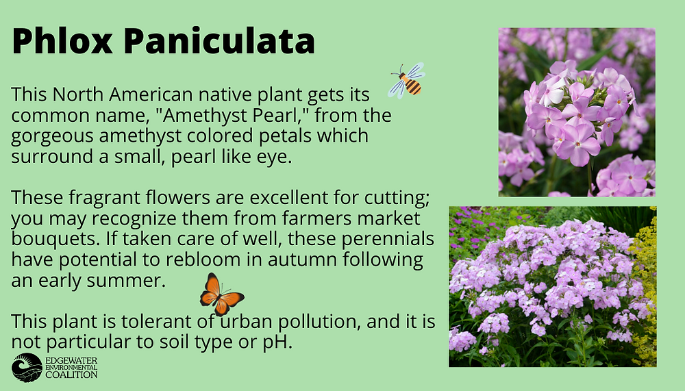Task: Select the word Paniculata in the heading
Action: [219, 41]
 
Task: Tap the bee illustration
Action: [407, 80]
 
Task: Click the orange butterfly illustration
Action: [221, 294]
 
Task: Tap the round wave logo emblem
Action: [27, 368]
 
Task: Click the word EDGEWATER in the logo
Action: [71, 361]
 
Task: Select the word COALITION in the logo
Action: [71, 375]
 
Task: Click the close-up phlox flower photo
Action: [577, 112]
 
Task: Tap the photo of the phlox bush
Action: [552, 287]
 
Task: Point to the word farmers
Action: [318, 218]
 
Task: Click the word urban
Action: [246, 322]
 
